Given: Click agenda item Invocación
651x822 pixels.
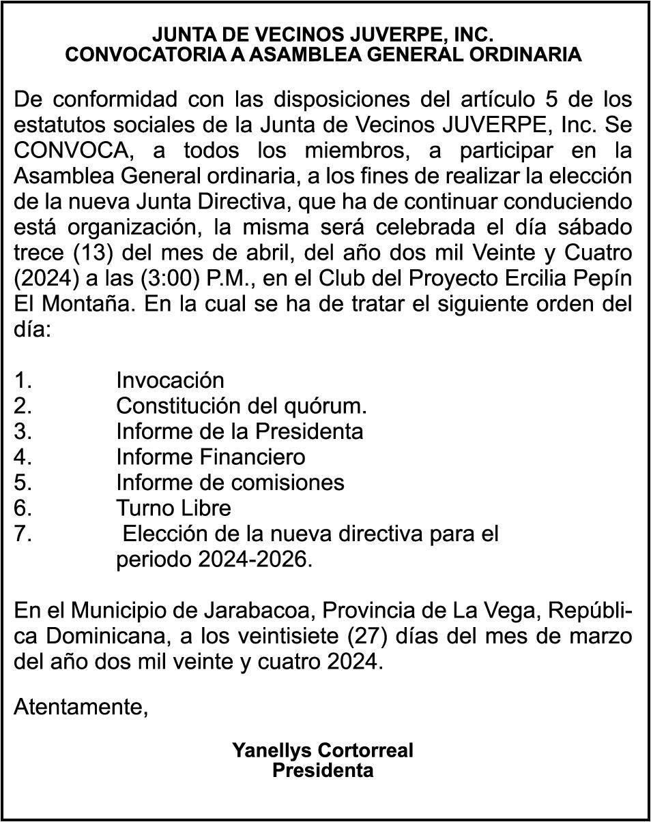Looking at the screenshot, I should (x=170, y=380).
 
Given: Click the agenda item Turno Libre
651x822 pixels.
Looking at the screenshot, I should (x=173, y=508).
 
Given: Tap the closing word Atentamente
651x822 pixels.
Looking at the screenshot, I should (x=81, y=706).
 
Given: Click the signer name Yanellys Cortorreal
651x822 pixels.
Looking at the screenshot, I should (x=323, y=751).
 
